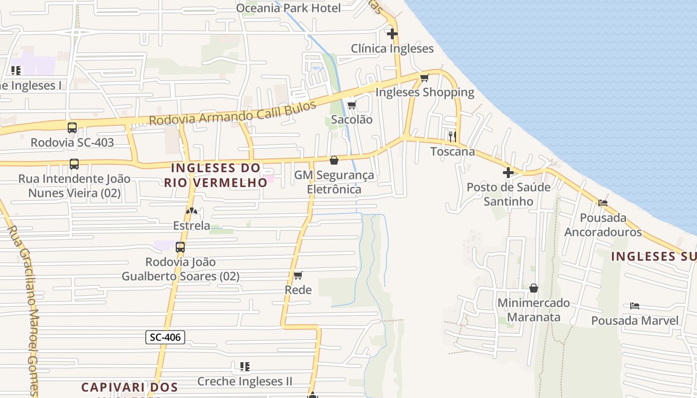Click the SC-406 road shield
tap(165, 337)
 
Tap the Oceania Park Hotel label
tap(288, 8)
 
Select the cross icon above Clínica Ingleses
tap(392, 34)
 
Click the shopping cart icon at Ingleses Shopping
tap(424, 78)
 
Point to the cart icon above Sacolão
tap(351, 105)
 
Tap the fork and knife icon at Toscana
tap(452, 136)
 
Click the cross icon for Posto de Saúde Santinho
tap(508, 173)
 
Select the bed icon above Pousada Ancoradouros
tap(603, 203)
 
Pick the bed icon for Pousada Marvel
tap(634, 306)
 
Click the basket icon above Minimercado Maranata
tap(534, 288)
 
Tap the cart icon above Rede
tap(298, 275)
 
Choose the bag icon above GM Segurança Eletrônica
tap(334, 160)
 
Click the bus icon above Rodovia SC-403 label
tap(72, 128)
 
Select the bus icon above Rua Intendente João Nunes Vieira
tap(74, 164)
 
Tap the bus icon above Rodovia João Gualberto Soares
tap(180, 247)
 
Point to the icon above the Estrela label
tap(192, 211)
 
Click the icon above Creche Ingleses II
tap(244, 367)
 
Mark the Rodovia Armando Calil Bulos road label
tap(232, 114)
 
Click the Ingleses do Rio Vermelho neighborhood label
tap(216, 175)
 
